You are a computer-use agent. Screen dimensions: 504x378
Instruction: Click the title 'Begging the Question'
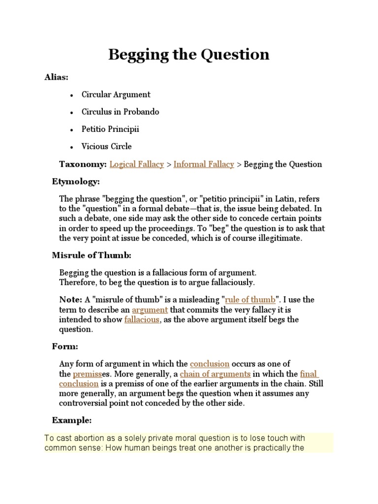click(x=189, y=54)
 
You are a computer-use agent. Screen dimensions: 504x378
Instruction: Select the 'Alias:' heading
click(x=57, y=78)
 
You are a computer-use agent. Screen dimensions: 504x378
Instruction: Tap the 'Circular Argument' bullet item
click(x=116, y=94)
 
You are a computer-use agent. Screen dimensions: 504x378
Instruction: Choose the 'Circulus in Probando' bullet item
click(x=121, y=112)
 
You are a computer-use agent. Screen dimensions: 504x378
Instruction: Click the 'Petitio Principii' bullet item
click(x=111, y=129)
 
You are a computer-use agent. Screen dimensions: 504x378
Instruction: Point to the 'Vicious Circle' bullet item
click(x=107, y=146)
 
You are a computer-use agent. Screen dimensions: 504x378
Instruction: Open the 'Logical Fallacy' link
click(x=137, y=164)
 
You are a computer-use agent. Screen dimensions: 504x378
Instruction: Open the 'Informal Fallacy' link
click(x=204, y=164)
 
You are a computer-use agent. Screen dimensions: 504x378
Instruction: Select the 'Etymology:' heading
click(x=76, y=182)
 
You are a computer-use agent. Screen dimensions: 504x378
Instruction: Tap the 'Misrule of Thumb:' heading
click(x=92, y=255)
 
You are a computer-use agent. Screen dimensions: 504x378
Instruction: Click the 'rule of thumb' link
click(x=250, y=300)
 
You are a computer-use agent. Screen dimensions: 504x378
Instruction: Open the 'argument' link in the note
click(x=150, y=310)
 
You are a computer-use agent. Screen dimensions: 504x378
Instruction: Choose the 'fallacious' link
click(x=142, y=319)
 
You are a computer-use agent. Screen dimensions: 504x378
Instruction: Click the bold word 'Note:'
click(x=71, y=300)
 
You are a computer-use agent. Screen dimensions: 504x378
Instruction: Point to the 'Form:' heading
click(x=65, y=346)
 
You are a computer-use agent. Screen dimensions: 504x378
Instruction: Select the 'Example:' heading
click(x=72, y=420)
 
